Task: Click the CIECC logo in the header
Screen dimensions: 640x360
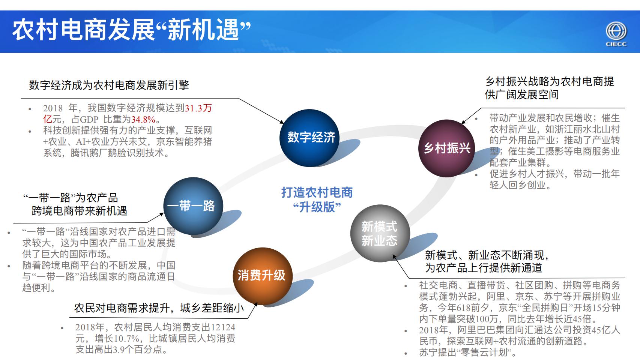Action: [x=616, y=34]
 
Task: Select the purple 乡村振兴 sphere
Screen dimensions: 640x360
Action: [x=447, y=148]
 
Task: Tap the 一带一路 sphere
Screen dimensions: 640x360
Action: [x=193, y=206]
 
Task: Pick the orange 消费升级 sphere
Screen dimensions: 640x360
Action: [x=262, y=276]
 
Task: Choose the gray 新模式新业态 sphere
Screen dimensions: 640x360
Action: [x=379, y=233]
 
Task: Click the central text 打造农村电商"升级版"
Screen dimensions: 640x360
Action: [x=317, y=199]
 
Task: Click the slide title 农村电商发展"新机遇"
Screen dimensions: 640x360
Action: [x=131, y=30]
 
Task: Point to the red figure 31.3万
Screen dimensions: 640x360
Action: [x=198, y=108]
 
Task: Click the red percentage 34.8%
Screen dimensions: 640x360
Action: [x=143, y=120]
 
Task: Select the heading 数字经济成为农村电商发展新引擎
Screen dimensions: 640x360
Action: [x=109, y=85]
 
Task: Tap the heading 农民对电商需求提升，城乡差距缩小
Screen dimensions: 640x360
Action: [x=159, y=308]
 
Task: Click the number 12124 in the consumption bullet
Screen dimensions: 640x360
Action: [x=223, y=327]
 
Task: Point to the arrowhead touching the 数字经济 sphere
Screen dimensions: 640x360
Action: [x=282, y=121]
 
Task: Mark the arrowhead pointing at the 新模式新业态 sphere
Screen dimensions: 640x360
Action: [x=394, y=256]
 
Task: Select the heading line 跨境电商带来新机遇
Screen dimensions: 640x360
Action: [x=79, y=211]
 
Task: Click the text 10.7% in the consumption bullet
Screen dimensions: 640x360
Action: [x=127, y=339]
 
